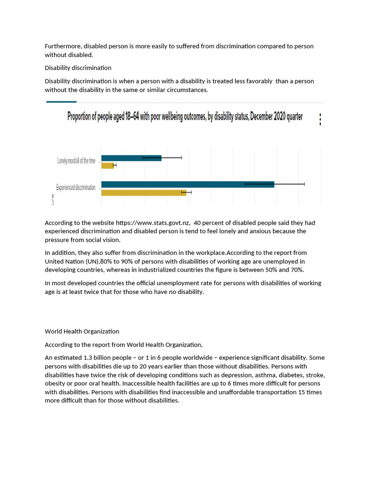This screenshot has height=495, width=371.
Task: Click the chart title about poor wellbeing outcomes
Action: coord(185,117)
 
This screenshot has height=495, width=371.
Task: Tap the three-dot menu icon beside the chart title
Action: coord(320,119)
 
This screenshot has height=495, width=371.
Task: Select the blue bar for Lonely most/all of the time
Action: coord(131,158)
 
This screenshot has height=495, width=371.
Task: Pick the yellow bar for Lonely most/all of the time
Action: coord(107,166)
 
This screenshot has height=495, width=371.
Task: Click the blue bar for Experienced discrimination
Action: coord(187,184)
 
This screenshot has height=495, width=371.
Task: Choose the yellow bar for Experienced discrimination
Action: coord(143,192)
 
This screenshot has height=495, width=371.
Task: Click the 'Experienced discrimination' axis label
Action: coord(76,188)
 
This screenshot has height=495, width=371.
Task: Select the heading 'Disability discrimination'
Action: coord(78,68)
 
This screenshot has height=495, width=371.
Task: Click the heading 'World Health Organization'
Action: coord(82,331)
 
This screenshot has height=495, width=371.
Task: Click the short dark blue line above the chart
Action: coord(61,102)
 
